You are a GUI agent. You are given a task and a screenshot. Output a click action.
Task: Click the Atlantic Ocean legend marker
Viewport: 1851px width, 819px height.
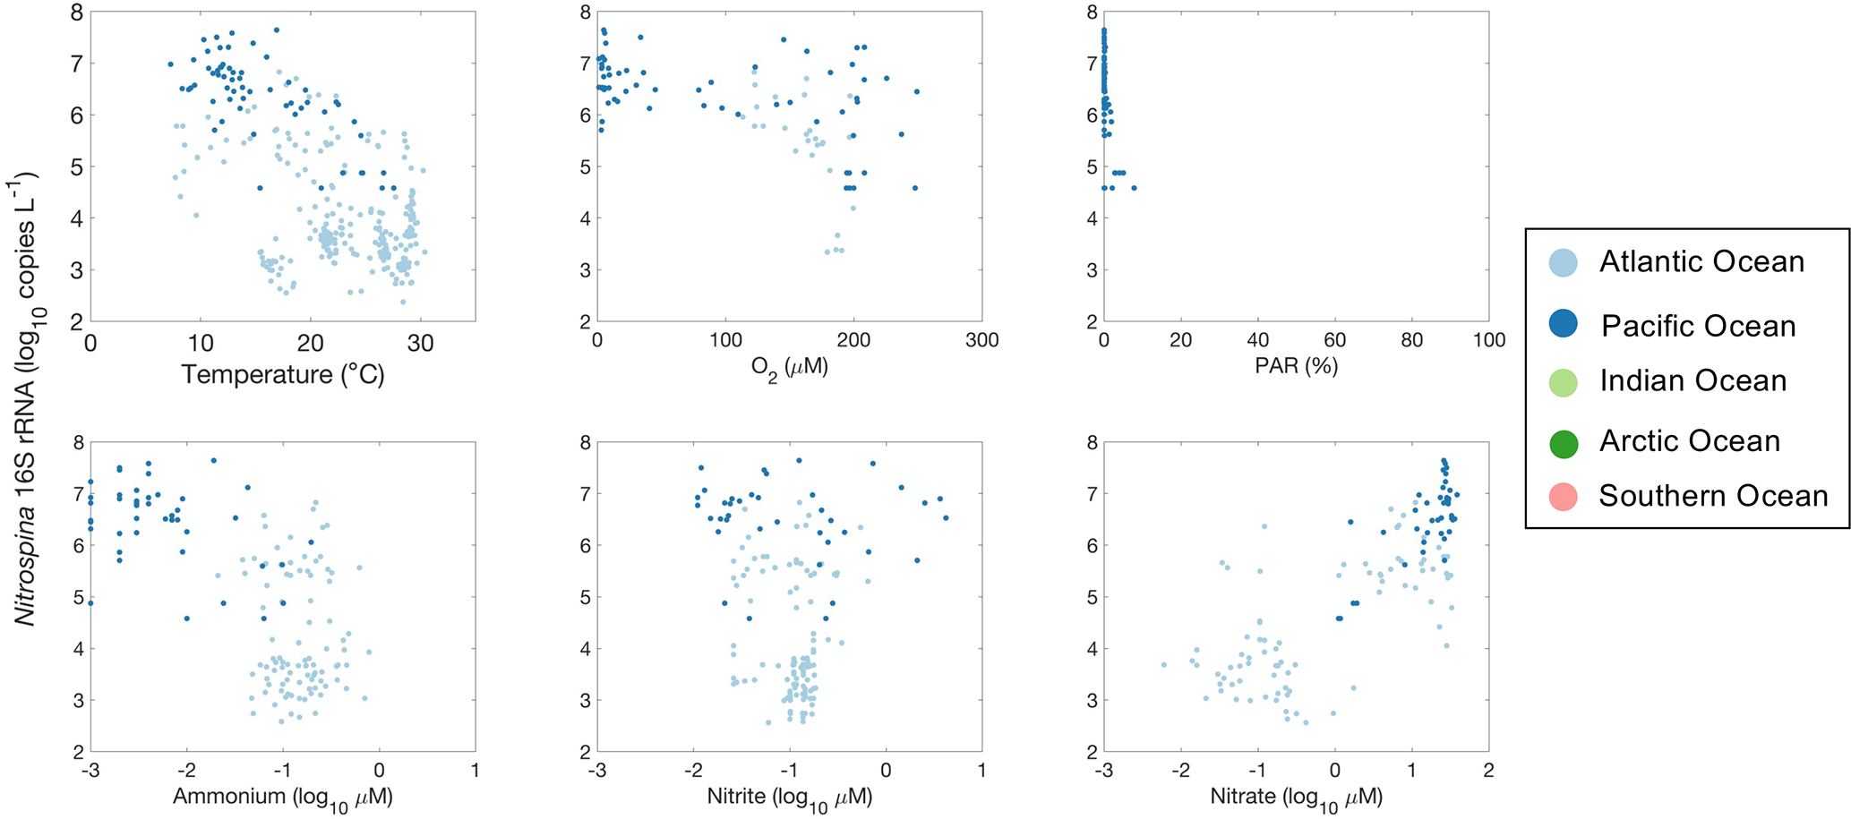pyautogui.click(x=1563, y=262)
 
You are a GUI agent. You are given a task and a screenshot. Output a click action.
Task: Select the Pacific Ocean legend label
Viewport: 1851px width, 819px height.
pyautogui.click(x=1698, y=326)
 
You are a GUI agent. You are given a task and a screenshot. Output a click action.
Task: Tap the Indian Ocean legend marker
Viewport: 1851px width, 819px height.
pyautogui.click(x=1563, y=381)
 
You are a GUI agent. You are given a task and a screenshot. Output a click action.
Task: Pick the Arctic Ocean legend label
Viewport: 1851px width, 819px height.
pyautogui.click(x=1690, y=441)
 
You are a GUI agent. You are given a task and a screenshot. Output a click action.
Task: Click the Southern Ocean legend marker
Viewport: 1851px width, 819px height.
pyautogui.click(x=1563, y=496)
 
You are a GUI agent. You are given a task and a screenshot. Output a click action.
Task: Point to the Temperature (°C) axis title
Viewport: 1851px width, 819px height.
pyautogui.click(x=283, y=374)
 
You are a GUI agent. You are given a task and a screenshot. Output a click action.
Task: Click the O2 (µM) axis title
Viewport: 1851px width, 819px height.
pyautogui.click(x=789, y=368)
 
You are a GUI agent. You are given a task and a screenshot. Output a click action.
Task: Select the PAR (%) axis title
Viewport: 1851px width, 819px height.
pyautogui.click(x=1296, y=366)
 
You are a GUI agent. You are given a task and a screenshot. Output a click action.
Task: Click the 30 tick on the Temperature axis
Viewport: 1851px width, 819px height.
pyautogui.click(x=420, y=343)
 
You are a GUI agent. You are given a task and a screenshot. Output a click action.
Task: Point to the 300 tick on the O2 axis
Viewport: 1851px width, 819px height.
pyautogui.click(x=981, y=341)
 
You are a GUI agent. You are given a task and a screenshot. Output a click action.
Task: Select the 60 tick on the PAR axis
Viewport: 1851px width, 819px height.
pyautogui.click(x=1334, y=341)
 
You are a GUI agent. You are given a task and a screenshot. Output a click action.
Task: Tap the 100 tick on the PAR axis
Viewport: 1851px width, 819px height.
pyautogui.click(x=1488, y=341)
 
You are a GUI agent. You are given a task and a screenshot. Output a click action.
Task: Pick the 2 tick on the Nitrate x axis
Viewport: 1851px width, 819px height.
pyautogui.click(x=1488, y=771)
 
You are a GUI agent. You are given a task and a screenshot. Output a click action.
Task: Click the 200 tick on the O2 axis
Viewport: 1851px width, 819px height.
pyautogui.click(x=853, y=341)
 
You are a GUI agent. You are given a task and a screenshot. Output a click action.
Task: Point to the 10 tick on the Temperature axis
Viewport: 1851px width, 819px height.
pyautogui.click(x=201, y=343)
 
